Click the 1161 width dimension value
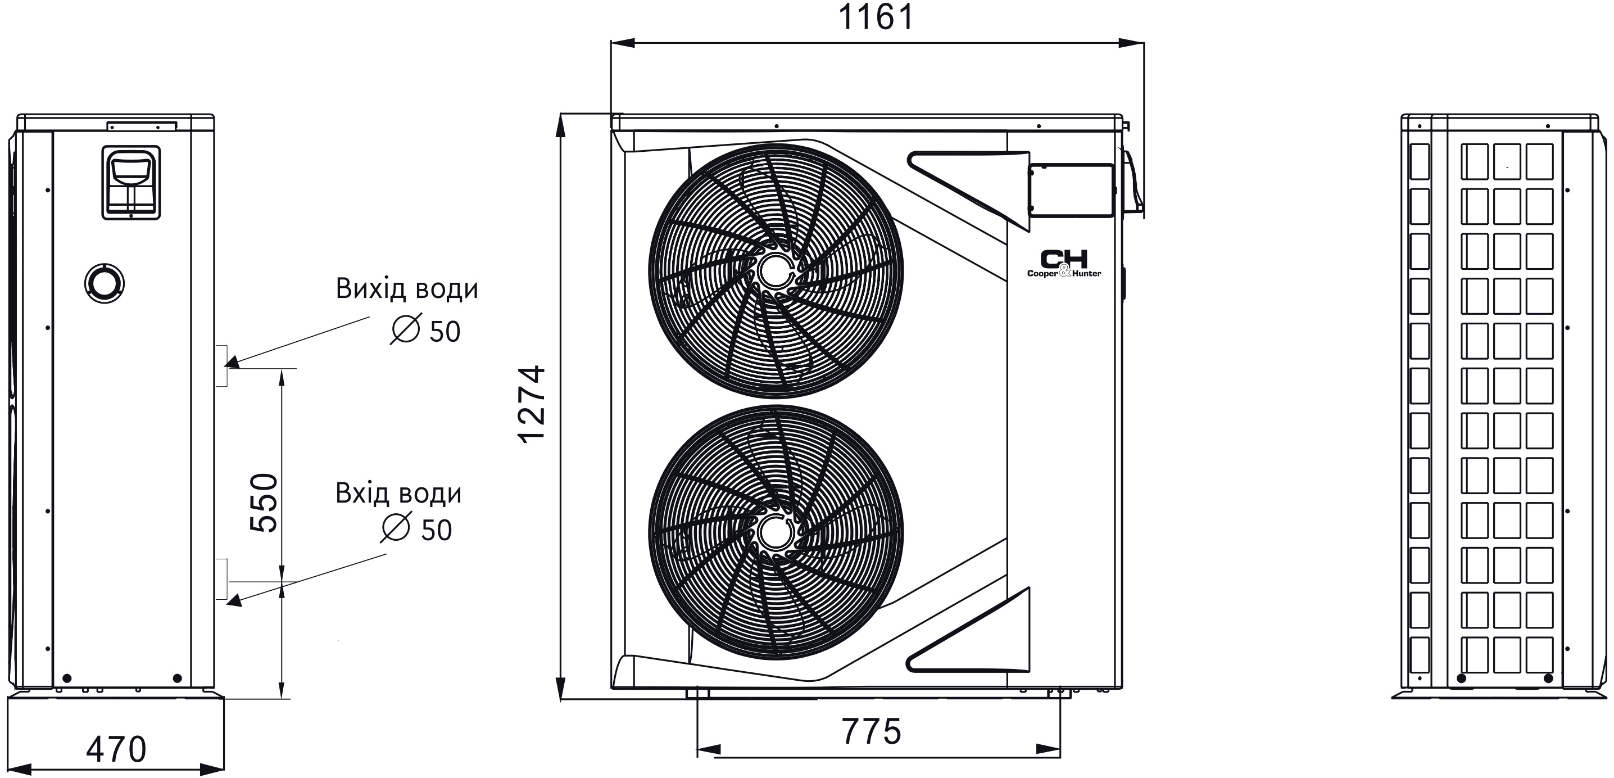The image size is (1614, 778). point(876,17)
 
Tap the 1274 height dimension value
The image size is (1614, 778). point(533,405)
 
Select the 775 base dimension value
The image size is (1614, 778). point(871,731)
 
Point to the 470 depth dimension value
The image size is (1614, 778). point(116,749)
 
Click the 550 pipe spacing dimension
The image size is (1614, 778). point(264,503)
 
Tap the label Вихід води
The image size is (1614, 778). point(407,289)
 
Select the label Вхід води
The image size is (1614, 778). point(398,494)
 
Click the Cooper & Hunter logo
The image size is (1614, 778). point(1064,263)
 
